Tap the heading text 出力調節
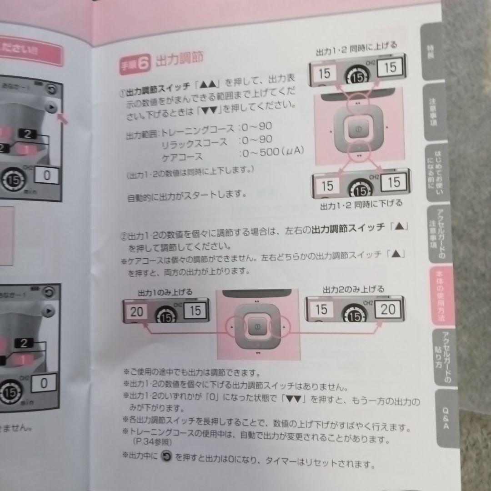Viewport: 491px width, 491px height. (179, 60)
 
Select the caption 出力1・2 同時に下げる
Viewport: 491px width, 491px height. (362, 204)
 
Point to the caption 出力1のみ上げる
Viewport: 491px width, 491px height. (165, 291)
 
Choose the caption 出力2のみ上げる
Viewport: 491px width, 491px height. (353, 289)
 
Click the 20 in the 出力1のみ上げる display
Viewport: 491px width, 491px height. (137, 312)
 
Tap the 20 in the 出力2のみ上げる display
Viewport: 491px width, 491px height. (388, 310)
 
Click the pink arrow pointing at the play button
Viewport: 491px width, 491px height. (64, 119)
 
